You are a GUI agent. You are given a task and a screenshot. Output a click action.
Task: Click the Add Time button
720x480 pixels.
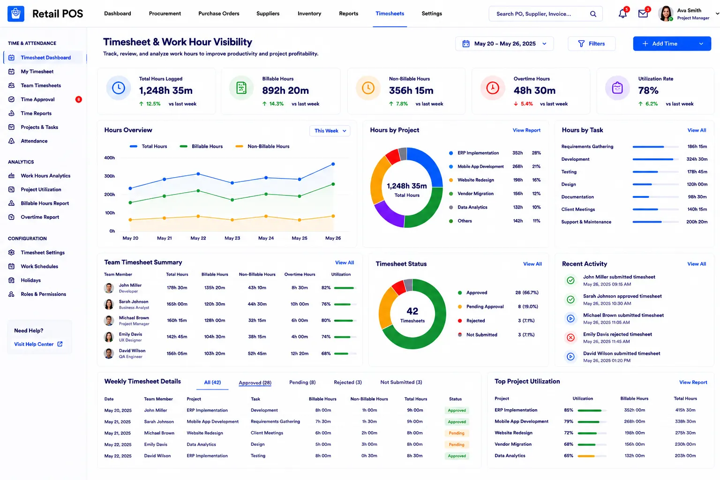click(x=672, y=44)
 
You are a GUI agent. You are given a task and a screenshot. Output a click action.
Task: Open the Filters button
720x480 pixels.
click(x=592, y=44)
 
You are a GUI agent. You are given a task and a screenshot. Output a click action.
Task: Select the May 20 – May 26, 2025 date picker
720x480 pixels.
click(x=504, y=44)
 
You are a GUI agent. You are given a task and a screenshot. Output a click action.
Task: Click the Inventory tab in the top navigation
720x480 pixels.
click(x=309, y=14)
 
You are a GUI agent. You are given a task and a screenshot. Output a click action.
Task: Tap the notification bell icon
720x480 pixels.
click(x=622, y=14)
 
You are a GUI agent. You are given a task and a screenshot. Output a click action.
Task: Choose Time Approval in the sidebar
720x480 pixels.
click(x=37, y=99)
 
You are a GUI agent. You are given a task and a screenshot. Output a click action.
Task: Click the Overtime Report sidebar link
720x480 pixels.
click(x=40, y=217)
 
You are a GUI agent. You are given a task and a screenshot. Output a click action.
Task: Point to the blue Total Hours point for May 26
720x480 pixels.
click(x=333, y=164)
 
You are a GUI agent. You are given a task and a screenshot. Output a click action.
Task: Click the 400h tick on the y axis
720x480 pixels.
click(x=109, y=158)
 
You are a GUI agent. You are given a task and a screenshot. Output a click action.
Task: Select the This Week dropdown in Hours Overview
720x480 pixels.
click(x=330, y=131)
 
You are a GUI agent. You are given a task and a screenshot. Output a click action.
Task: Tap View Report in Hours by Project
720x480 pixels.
click(x=526, y=130)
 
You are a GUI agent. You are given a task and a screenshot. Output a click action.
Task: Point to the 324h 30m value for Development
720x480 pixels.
click(x=697, y=159)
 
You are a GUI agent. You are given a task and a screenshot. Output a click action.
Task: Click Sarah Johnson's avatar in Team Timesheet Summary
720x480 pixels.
click(x=109, y=304)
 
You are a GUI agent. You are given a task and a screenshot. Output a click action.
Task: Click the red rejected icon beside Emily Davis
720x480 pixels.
click(x=570, y=337)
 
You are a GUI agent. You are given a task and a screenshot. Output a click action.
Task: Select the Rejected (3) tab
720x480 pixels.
click(x=347, y=382)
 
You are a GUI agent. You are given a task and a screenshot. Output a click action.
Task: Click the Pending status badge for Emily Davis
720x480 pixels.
click(x=457, y=445)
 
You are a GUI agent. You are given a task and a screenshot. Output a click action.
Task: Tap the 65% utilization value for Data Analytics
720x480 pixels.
click(x=568, y=456)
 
